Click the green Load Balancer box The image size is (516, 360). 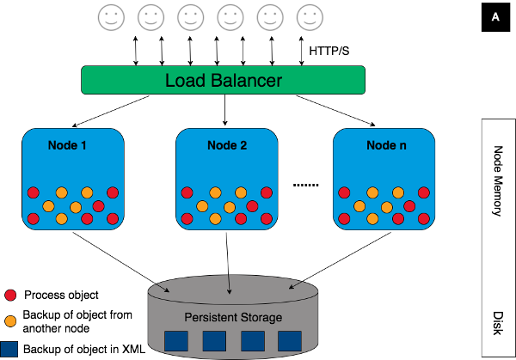[x=223, y=81]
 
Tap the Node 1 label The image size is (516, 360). [x=66, y=145]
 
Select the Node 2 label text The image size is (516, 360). [x=227, y=145]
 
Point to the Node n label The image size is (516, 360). [x=386, y=145]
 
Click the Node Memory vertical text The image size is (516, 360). [x=497, y=180]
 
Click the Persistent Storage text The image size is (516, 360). [x=233, y=318]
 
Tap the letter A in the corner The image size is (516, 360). [x=495, y=17]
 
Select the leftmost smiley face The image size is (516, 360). [x=109, y=16]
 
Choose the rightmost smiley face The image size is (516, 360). [x=309, y=16]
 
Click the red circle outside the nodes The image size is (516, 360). [x=10, y=295]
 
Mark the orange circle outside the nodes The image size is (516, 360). [x=10, y=321]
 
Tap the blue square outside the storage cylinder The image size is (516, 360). [x=10, y=349]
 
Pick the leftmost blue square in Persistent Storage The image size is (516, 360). [x=175, y=341]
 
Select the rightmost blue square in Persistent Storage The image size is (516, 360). [x=290, y=341]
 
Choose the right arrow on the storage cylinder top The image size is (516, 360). [x=293, y=286]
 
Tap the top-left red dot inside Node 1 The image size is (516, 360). [x=34, y=192]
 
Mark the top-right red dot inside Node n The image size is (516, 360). [x=424, y=192]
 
